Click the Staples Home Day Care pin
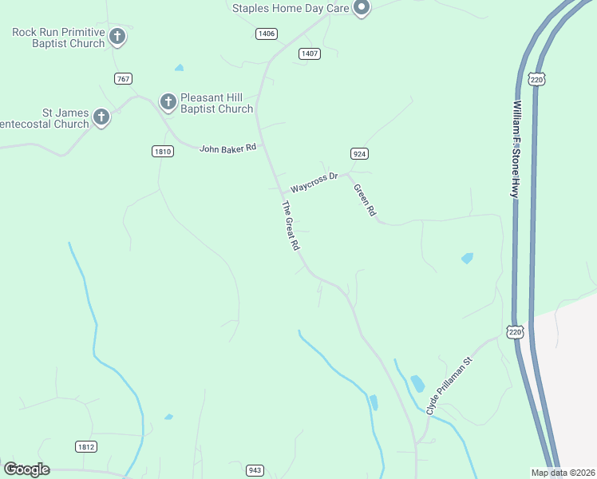coord(361,9)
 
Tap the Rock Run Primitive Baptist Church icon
coord(117,36)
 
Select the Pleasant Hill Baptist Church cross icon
coord(168,101)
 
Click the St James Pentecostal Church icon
coord(101,117)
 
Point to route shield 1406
coord(267,34)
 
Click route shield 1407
coord(310,53)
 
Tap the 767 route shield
coord(123,78)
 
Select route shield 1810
coord(162,151)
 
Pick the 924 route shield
coord(358,152)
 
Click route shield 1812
coord(87,446)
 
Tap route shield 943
coord(255,470)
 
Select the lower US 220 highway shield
coord(514,331)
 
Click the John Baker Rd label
coord(228,148)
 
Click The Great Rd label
coord(290,228)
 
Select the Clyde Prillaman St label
coord(450,386)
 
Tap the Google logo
coord(26,469)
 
